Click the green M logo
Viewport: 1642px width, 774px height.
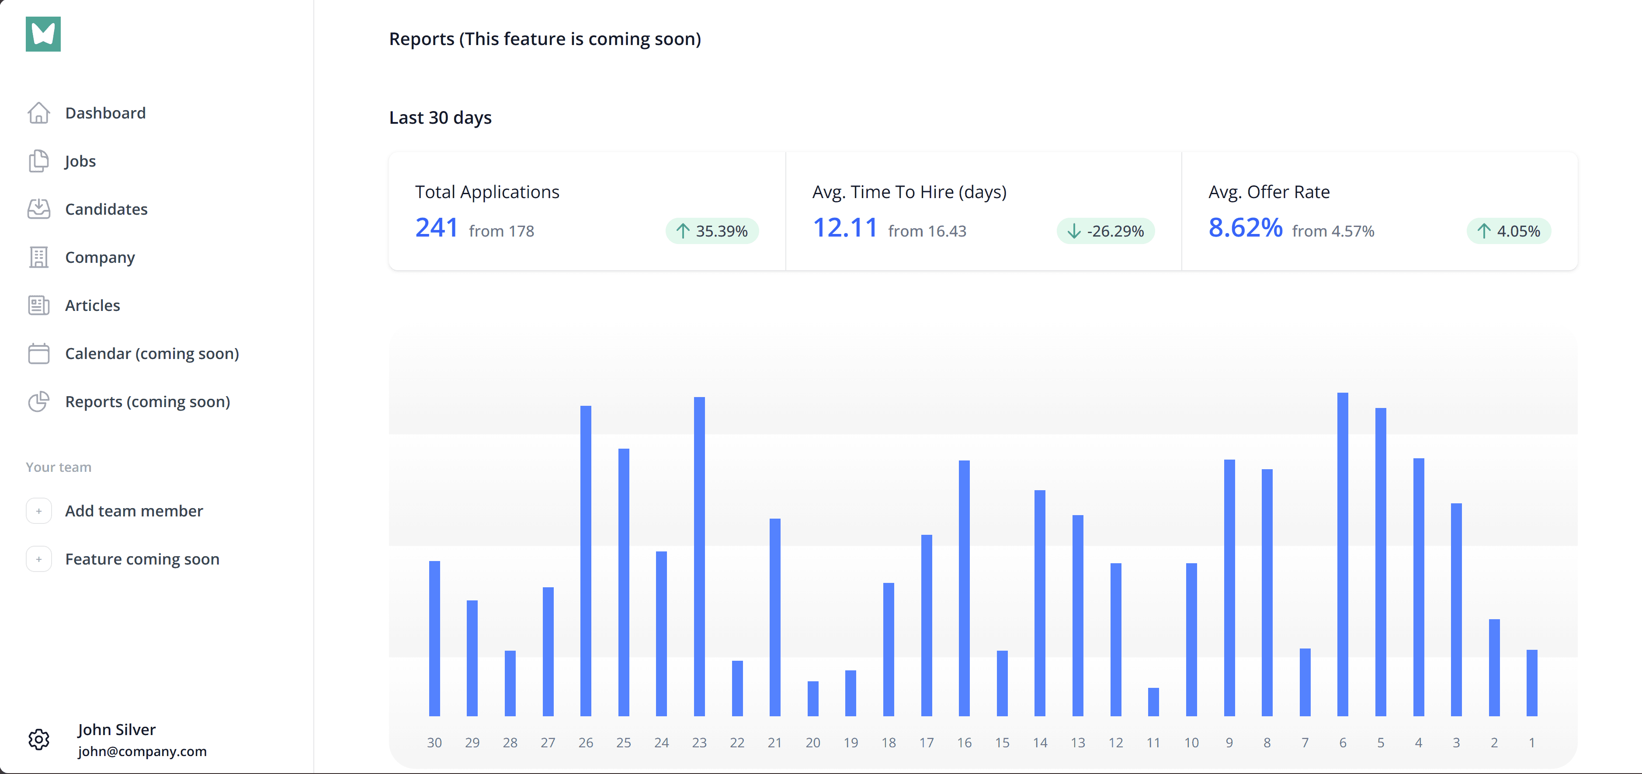(43, 34)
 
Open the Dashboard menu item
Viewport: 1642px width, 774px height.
(105, 113)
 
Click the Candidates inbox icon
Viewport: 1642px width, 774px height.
(39, 209)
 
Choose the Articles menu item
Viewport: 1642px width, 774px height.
(92, 305)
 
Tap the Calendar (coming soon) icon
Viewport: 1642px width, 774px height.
(39, 353)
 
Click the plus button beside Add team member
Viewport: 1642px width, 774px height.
(39, 511)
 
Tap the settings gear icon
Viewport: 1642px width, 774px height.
(39, 739)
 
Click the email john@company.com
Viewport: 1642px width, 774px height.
(142, 751)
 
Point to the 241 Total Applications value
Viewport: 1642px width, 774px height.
(437, 228)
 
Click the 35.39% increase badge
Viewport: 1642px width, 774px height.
(712, 231)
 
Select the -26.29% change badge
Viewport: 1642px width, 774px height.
(1106, 231)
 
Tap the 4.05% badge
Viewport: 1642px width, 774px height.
(1509, 231)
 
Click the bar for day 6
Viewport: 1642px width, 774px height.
(1343, 554)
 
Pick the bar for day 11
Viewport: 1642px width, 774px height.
(1153, 701)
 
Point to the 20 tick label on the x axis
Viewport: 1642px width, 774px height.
(813, 742)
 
